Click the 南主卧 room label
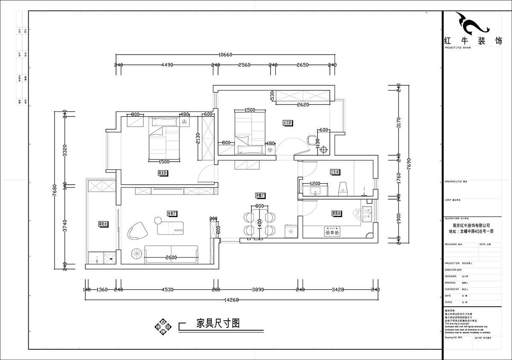(x=163, y=173)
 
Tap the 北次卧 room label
(x=287, y=123)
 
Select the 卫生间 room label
(x=334, y=172)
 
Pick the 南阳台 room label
(x=103, y=224)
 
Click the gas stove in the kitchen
(x=333, y=232)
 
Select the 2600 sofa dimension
(x=171, y=257)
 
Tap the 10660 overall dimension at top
(x=225, y=55)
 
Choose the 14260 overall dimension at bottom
(x=231, y=299)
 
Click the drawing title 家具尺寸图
(x=218, y=323)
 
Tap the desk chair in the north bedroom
(x=310, y=139)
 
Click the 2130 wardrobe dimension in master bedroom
(x=197, y=138)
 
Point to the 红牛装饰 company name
(x=473, y=41)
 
